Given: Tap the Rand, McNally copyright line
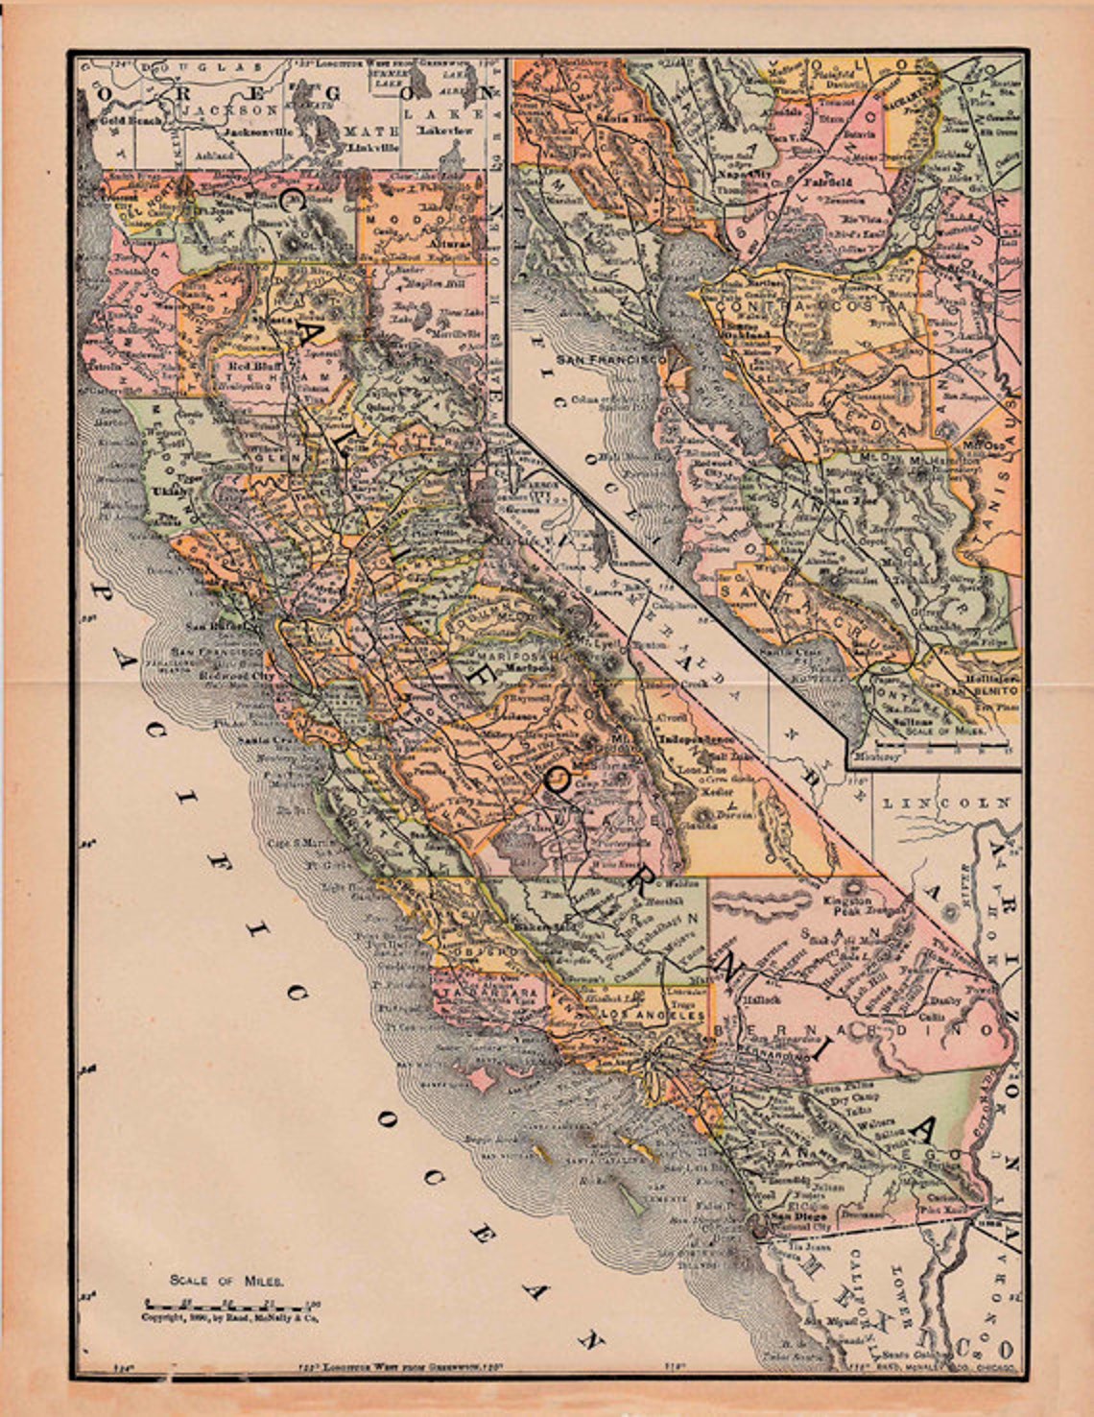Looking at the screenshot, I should [x=230, y=1318].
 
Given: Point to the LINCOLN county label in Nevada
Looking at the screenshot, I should [x=947, y=802].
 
